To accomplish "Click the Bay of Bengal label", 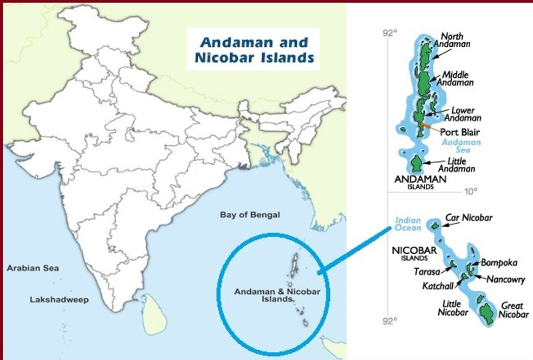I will (x=250, y=215).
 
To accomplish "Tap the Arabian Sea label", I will (x=33, y=268).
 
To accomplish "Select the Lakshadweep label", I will (x=59, y=299).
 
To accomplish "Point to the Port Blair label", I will (x=460, y=132).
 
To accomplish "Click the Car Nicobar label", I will (x=469, y=218).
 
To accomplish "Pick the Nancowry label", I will (x=505, y=280).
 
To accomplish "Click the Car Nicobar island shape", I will (x=434, y=224).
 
